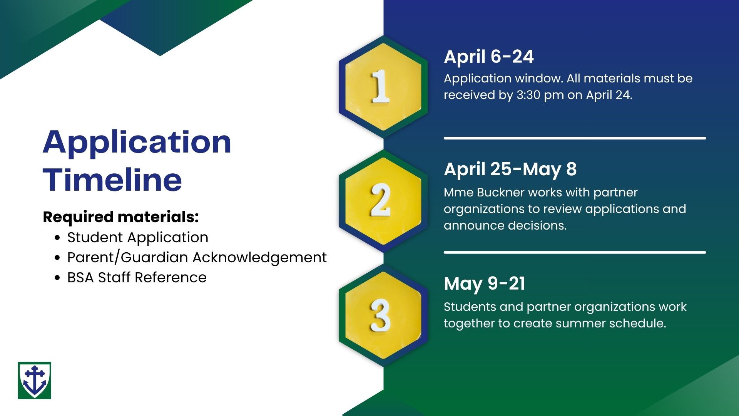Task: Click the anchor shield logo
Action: [x=35, y=380]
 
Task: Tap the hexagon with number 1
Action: [x=383, y=87]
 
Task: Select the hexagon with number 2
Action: [x=383, y=201]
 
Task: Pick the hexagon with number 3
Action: [x=383, y=315]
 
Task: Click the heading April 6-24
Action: [x=489, y=57]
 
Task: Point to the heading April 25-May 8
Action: [x=510, y=169]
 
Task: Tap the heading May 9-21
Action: [x=485, y=284]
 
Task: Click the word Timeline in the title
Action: [x=112, y=179]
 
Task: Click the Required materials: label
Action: [x=121, y=217]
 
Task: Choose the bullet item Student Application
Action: [x=138, y=237]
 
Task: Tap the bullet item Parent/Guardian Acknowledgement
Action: [x=197, y=257]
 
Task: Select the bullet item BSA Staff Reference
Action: [x=137, y=277]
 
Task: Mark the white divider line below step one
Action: [x=575, y=138]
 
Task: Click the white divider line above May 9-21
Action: [x=575, y=252]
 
